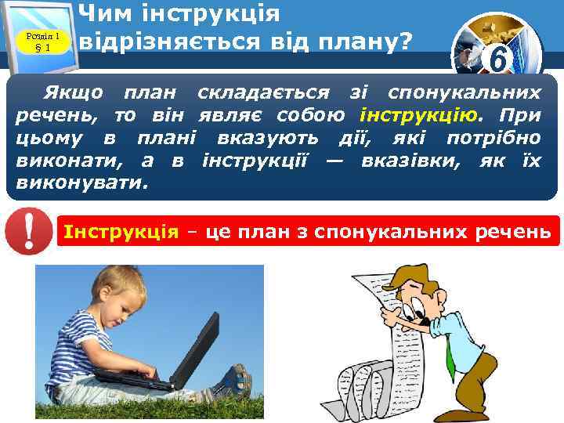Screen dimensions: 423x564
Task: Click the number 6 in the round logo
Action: tap(496, 59)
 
